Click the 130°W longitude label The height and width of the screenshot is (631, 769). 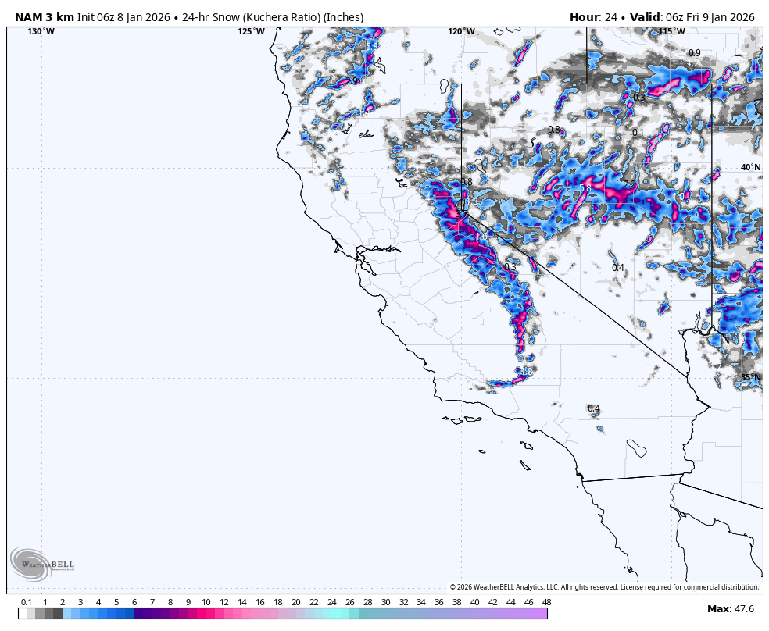pyautogui.click(x=41, y=31)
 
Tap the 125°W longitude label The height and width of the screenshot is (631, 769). pyautogui.click(x=251, y=31)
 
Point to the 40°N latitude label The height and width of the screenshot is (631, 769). pyautogui.click(x=750, y=168)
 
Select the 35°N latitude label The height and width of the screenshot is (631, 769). pyautogui.click(x=750, y=377)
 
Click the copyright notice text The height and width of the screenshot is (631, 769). pyautogui.click(x=604, y=587)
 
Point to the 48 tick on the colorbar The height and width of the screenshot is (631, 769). pyautogui.click(x=546, y=602)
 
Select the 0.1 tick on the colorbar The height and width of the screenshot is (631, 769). pyautogui.click(x=26, y=602)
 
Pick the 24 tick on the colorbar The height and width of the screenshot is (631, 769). pyautogui.click(x=331, y=602)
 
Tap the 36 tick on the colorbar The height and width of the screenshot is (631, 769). pyautogui.click(x=439, y=602)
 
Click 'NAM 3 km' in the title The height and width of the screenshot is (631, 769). pyautogui.click(x=44, y=17)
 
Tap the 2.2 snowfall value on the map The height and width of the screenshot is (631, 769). pyautogui.click(x=630, y=185)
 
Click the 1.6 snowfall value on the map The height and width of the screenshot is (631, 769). pyautogui.click(x=481, y=237)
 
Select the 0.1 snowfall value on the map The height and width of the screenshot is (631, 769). pyautogui.click(x=638, y=133)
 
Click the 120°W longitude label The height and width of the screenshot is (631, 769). pyautogui.click(x=461, y=31)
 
